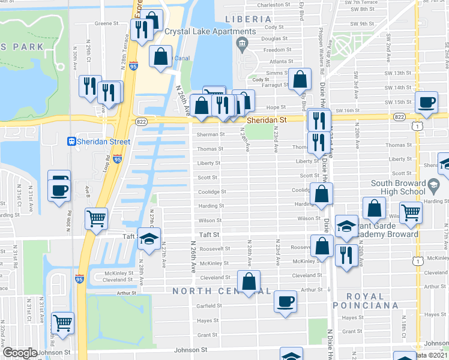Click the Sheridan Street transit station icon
click(x=71, y=142)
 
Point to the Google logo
click(x=20, y=353)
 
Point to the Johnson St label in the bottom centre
click(x=191, y=349)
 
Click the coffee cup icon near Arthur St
click(x=286, y=301)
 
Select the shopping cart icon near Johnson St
click(x=62, y=322)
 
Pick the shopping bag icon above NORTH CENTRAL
click(x=249, y=280)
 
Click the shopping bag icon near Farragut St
click(x=300, y=79)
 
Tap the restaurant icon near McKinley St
click(x=345, y=254)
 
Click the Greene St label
click(x=106, y=24)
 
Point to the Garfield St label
click(x=210, y=305)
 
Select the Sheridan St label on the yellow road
click(x=267, y=120)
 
